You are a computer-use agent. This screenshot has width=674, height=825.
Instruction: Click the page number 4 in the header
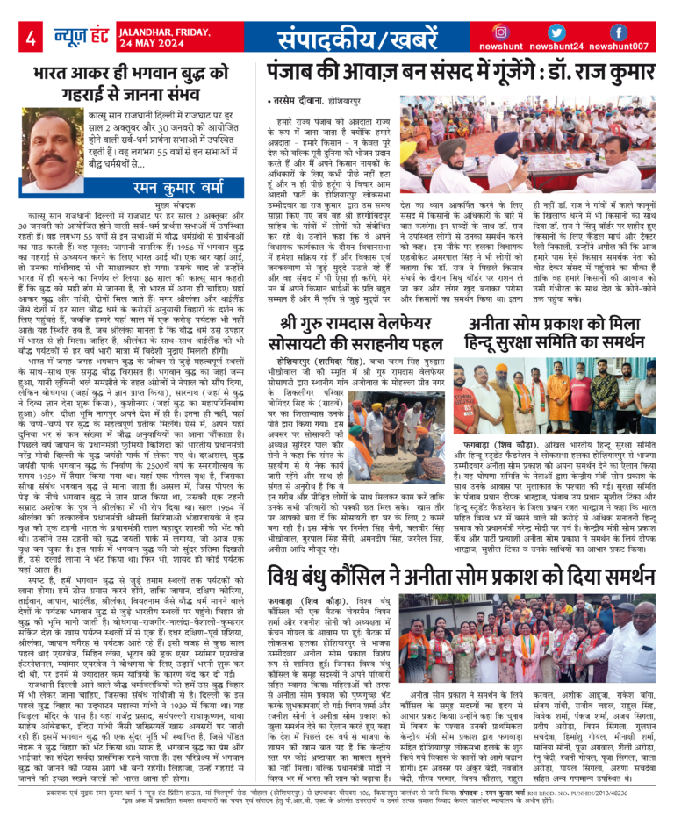tap(32, 38)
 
